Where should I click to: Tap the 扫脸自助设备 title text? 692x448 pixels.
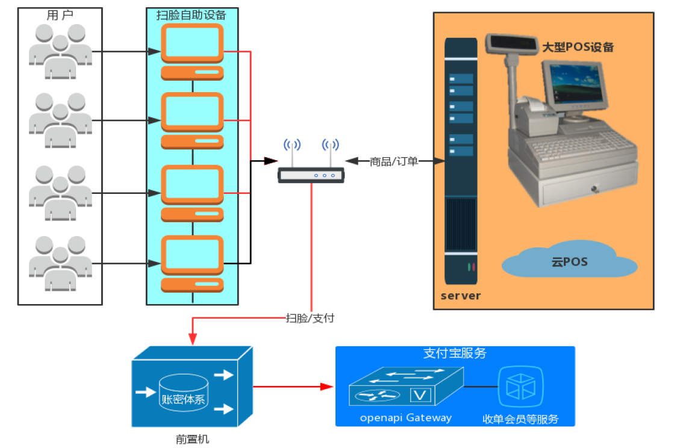(x=192, y=15)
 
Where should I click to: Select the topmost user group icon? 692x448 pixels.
(x=60, y=52)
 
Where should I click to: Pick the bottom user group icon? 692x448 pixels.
(x=60, y=263)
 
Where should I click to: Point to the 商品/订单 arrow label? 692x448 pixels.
(x=394, y=161)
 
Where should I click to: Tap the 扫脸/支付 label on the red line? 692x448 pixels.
(x=310, y=318)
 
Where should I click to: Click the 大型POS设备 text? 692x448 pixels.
(x=578, y=47)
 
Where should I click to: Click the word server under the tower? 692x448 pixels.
(x=461, y=296)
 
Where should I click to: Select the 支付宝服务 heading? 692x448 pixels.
(x=455, y=353)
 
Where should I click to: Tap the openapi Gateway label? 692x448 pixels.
(x=405, y=417)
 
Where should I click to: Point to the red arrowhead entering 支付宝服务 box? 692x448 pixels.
(x=328, y=386)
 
